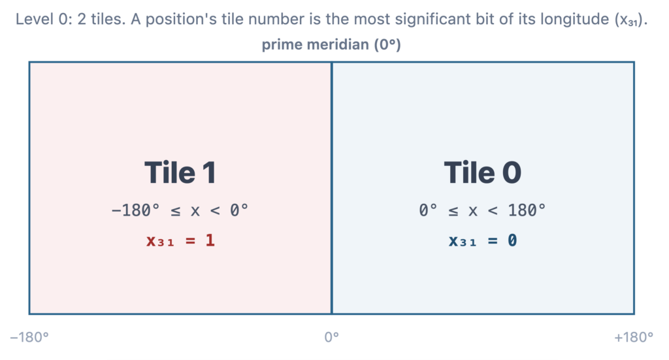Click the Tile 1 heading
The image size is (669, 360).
(180, 172)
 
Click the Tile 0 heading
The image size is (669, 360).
(483, 172)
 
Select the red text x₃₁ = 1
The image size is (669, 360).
(180, 240)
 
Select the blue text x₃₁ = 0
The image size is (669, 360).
(483, 240)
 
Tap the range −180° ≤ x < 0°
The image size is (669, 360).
(180, 210)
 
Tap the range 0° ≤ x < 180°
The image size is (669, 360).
(482, 210)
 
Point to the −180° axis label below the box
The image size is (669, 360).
(29, 337)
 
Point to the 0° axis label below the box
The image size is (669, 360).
(331, 337)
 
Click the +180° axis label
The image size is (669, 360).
(634, 337)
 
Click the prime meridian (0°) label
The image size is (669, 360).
(331, 44)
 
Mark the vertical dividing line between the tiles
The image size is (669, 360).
(332, 188)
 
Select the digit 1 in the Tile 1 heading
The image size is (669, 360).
(209, 172)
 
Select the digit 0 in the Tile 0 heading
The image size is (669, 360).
(512, 172)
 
